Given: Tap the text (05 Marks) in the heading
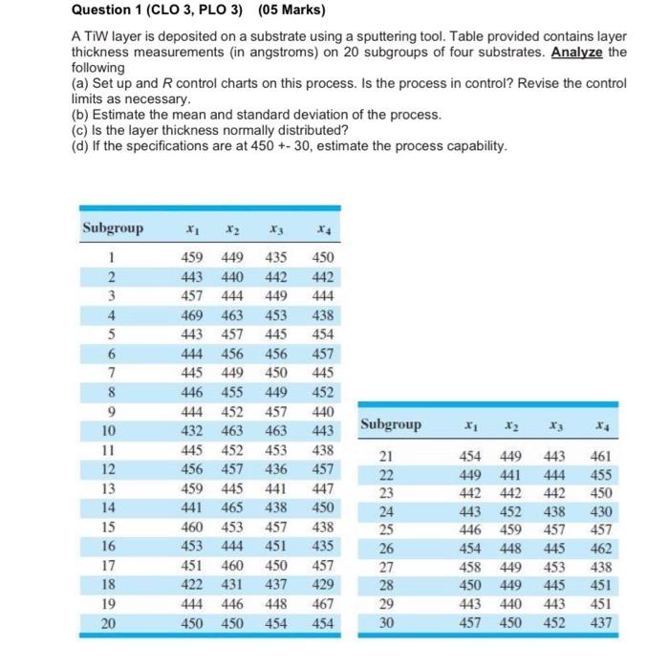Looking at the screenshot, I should (285, 11).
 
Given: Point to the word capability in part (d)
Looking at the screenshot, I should (476, 145).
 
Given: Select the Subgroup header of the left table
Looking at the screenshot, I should (113, 228).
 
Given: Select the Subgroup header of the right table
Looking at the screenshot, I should (390, 423).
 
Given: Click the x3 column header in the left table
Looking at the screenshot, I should (277, 229).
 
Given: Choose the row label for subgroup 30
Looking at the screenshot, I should (386, 622).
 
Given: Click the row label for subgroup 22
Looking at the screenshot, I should (386, 476).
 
